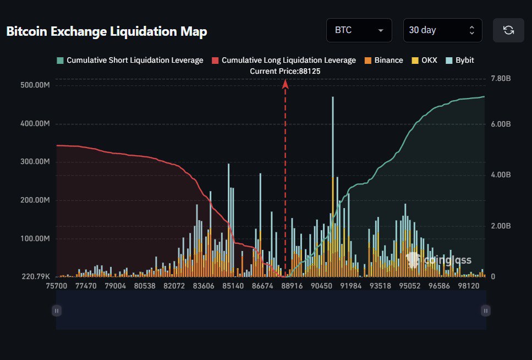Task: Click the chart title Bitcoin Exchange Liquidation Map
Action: coord(107,31)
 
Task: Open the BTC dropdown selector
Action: coord(359,30)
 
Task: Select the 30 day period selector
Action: coord(442,30)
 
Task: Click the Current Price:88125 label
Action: coord(285,71)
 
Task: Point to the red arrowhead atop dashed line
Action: coord(285,84)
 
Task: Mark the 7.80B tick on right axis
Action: coord(501,79)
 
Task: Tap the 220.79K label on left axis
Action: coord(35,276)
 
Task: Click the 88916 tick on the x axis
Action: coord(292,286)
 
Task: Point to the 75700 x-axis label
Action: coord(57,286)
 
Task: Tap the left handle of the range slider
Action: coord(56,310)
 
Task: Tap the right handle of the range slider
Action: coord(485,310)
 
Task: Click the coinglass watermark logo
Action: coord(438,260)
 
